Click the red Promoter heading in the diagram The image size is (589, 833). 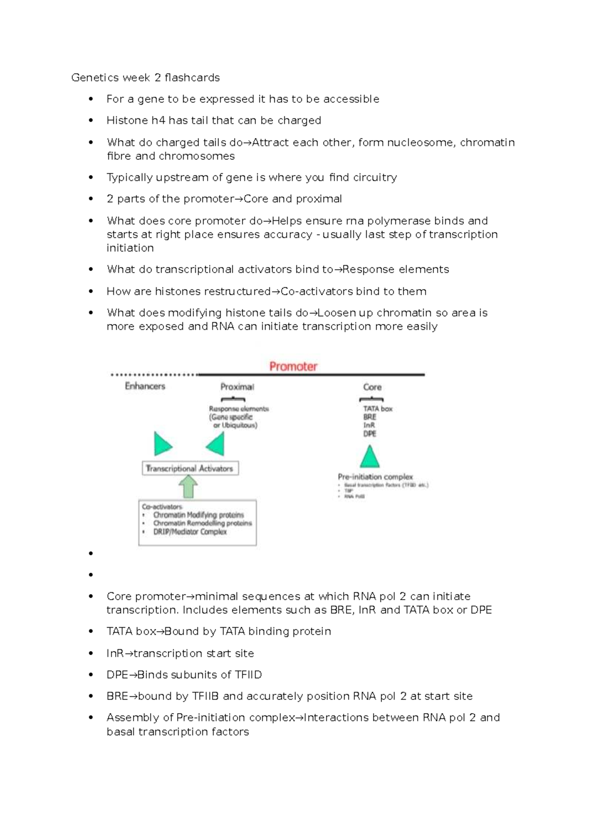(293, 366)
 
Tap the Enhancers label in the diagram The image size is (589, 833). (145, 386)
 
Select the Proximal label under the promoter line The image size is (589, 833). (237, 387)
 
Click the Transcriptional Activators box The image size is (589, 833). (190, 469)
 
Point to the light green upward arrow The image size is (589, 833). (188, 487)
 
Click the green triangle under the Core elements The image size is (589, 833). (370, 457)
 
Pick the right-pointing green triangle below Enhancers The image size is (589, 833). (162, 444)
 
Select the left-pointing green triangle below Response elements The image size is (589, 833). (215, 444)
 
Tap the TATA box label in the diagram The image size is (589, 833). (377, 409)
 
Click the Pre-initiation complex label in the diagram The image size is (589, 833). (375, 477)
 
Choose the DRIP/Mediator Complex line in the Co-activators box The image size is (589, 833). (190, 532)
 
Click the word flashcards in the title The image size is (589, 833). (192, 78)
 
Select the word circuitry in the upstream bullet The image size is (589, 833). (375, 177)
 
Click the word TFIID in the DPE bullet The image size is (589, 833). (248, 675)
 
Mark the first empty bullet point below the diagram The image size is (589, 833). (91, 554)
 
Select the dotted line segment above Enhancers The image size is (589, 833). (153, 375)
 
